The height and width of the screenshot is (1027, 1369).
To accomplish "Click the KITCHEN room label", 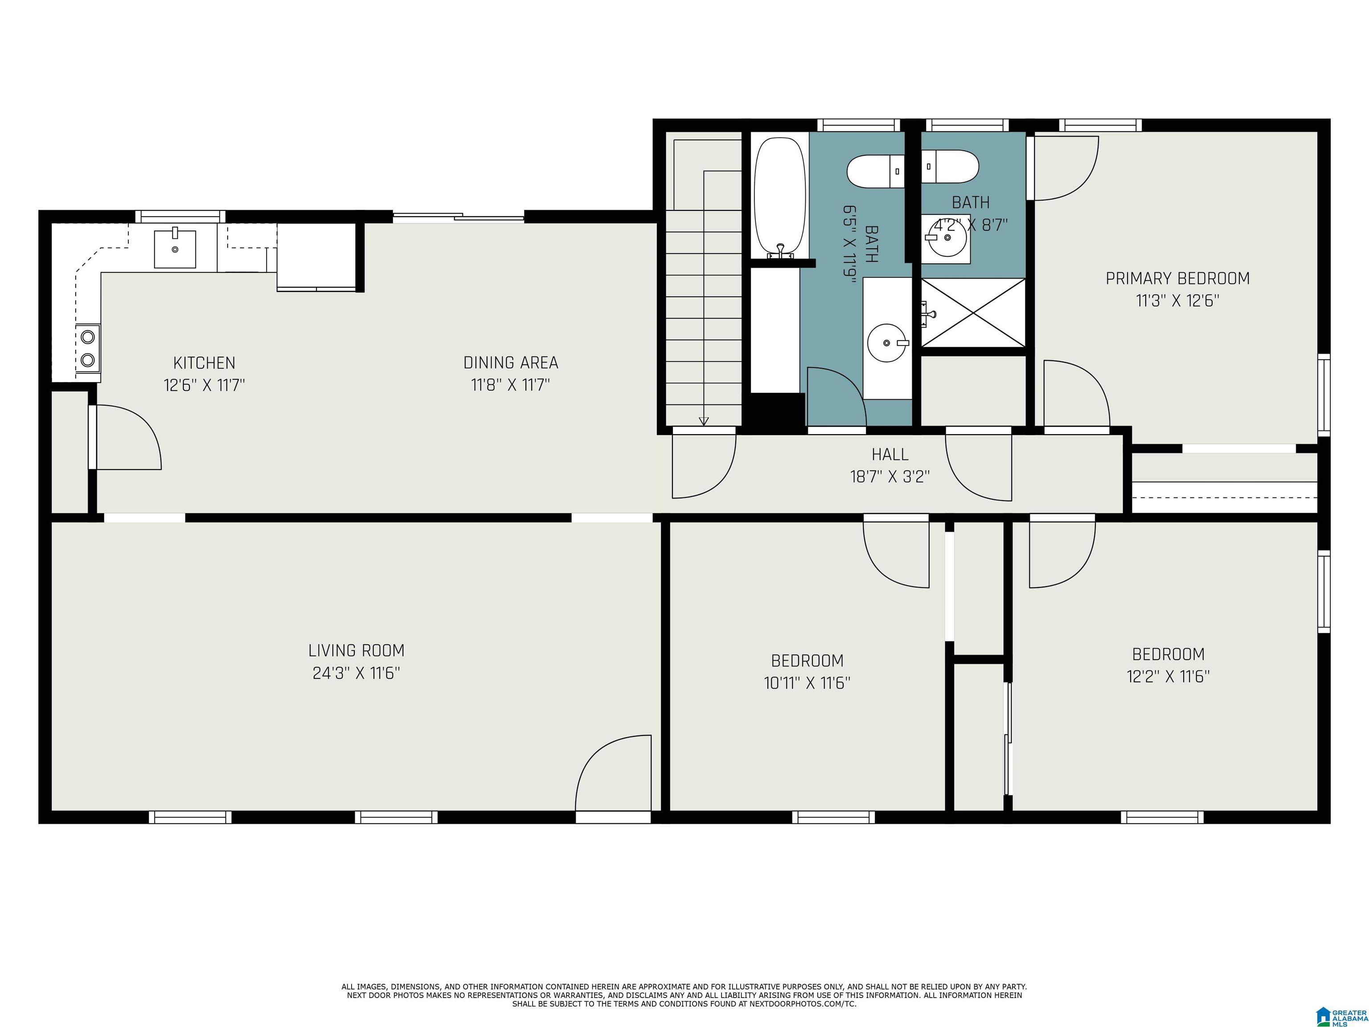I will click(204, 363).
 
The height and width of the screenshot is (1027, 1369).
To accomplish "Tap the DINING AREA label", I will click(511, 363).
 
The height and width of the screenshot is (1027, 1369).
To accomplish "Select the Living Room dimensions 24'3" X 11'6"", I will click(356, 673).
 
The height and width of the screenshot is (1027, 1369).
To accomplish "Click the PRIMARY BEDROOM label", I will click(1177, 279).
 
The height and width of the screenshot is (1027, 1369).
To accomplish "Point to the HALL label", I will click(889, 454).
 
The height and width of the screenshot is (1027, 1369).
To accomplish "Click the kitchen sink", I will click(175, 248).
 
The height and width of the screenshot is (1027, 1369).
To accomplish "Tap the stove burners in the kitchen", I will click(88, 348).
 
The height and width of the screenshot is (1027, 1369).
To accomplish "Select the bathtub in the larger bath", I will click(779, 197).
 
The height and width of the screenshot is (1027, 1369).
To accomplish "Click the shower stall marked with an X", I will click(973, 312).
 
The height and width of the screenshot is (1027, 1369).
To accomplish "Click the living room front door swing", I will click(613, 774).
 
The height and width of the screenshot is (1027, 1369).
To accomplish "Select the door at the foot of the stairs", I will click(703, 464).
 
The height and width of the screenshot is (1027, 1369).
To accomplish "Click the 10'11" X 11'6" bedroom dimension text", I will click(807, 683).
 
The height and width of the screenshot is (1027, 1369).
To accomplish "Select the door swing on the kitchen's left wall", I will click(127, 437).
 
